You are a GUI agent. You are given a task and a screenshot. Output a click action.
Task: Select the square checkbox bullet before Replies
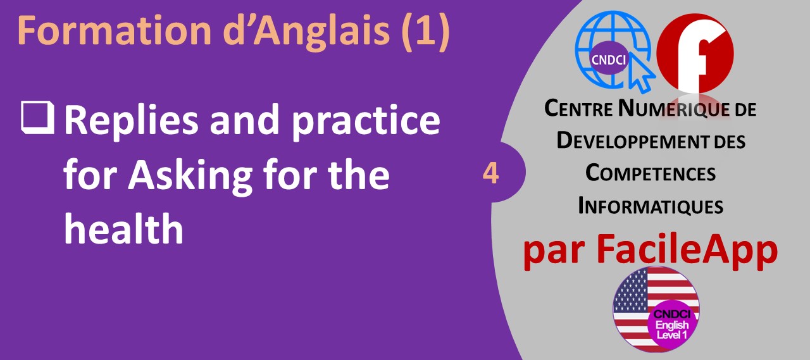(37, 118)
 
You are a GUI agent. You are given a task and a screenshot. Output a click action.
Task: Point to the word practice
(366, 121)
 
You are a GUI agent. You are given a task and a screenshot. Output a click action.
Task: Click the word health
(124, 228)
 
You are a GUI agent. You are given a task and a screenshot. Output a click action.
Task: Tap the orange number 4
(490, 173)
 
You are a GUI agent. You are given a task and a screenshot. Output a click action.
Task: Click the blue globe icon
(613, 49)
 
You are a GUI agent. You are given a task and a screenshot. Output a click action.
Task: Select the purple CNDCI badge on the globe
(608, 59)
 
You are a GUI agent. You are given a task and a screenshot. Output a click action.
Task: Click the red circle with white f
(695, 53)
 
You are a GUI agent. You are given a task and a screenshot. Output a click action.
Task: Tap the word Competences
(651, 173)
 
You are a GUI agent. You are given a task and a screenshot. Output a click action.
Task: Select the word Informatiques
(651, 206)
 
